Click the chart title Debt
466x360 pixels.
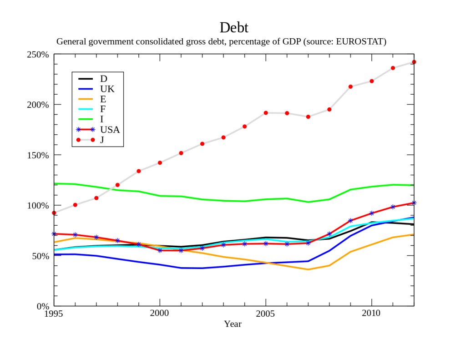pos(233,27)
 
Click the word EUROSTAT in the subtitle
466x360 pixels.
pos(360,42)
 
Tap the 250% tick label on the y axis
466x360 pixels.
pos(38,55)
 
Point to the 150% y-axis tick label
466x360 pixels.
pos(38,155)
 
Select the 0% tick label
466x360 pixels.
pos(43,306)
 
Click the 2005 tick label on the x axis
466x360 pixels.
pos(266,313)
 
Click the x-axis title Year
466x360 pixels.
pos(233,324)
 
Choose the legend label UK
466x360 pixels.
pos(107,89)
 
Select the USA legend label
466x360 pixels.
pos(110,130)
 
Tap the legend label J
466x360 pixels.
pos(102,140)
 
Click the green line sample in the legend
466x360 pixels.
pos(85,119)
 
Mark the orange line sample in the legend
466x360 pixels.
pos(85,99)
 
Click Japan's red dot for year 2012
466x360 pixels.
pos(414,62)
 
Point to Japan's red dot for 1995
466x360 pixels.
pos(54,213)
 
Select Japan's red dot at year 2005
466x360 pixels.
pos(266,113)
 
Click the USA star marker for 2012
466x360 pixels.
pos(414,203)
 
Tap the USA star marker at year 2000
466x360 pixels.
pos(160,250)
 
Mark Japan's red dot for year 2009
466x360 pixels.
pos(350,86)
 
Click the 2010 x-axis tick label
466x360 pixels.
pos(371,313)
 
